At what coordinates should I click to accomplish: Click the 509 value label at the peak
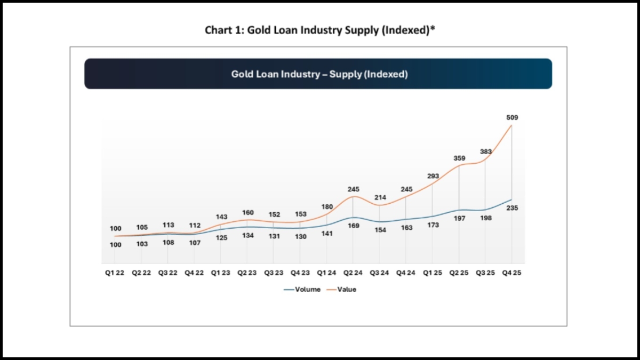pos(512,117)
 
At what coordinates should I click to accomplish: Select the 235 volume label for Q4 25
pos(512,208)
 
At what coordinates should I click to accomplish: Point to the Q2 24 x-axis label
pos(353,273)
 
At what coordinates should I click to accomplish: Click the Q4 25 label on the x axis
pos(511,273)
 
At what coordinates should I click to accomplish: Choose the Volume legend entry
pos(303,290)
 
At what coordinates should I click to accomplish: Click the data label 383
pos(485,151)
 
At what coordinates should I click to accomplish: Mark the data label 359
pos(459,158)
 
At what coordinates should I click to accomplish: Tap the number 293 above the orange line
pos(433,176)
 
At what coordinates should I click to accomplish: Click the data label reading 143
pos(221,217)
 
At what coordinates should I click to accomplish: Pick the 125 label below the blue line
pos(221,238)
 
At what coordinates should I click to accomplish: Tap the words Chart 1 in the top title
pos(220,30)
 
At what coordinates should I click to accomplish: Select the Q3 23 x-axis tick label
pos(274,273)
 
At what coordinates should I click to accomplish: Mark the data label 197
pos(459,219)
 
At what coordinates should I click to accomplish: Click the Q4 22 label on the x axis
pos(195,273)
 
